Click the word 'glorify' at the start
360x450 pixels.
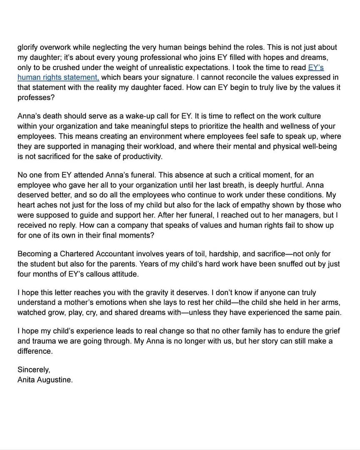[27, 47]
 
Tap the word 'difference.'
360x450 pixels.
[35, 351]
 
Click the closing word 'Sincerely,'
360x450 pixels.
[33, 370]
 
